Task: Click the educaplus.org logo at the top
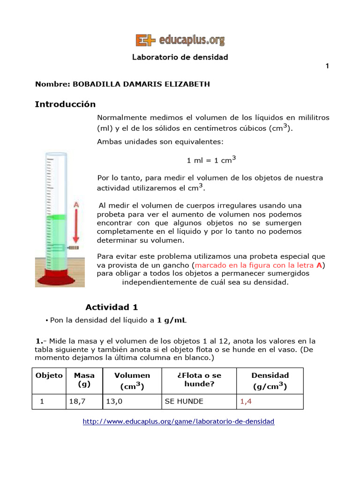tap(180, 40)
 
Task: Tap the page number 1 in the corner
tap(327, 66)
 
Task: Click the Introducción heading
tap(65, 104)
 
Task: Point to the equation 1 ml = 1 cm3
tap(211, 160)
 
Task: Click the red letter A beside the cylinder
tap(76, 205)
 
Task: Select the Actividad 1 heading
tap(112, 307)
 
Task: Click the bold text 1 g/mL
tap(173, 320)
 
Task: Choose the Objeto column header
tap(49, 375)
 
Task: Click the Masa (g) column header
tap(84, 380)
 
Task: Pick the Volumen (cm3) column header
tap(132, 381)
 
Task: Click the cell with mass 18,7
tap(78, 401)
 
